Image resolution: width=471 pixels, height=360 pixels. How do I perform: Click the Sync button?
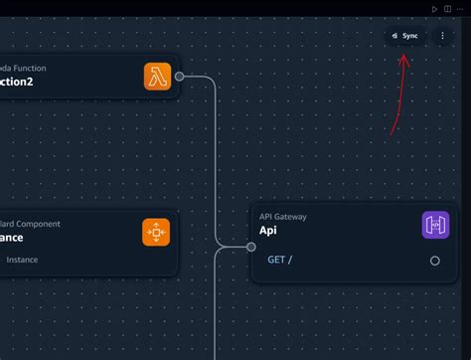(x=405, y=36)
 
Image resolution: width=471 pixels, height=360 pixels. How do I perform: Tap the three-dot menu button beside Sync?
(x=443, y=36)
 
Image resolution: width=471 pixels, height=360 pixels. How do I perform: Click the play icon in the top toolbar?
(x=434, y=9)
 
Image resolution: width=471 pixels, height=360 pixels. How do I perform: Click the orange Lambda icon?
(x=157, y=77)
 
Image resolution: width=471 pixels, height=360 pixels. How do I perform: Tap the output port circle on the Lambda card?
(x=179, y=77)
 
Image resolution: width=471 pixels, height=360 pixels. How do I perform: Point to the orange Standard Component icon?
(x=156, y=232)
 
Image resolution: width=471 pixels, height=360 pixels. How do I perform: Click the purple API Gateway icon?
(x=435, y=225)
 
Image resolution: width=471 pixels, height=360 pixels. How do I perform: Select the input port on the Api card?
(x=251, y=248)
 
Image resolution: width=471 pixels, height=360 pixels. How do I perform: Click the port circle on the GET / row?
(x=434, y=261)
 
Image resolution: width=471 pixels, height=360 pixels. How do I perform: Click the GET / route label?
(x=279, y=261)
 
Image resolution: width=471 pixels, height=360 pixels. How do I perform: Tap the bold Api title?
(x=268, y=231)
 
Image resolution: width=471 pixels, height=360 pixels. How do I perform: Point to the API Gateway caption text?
(x=284, y=215)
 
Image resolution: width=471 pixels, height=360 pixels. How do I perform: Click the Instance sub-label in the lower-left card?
(x=22, y=261)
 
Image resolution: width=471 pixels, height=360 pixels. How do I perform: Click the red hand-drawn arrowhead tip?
(x=402, y=56)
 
